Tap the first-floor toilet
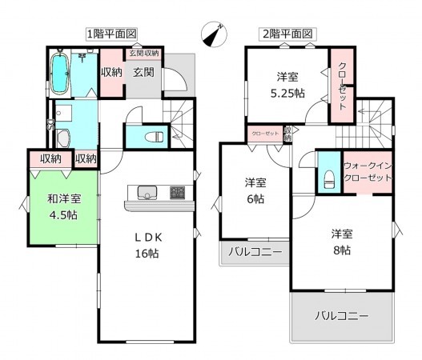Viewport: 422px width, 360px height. click(155, 135)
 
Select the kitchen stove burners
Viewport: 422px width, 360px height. click(177, 192)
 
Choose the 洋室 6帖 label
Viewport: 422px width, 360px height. click(255, 190)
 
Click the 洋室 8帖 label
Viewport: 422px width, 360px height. click(342, 242)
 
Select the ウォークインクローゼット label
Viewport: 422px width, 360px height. click(368, 171)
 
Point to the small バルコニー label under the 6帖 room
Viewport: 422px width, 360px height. click(255, 253)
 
